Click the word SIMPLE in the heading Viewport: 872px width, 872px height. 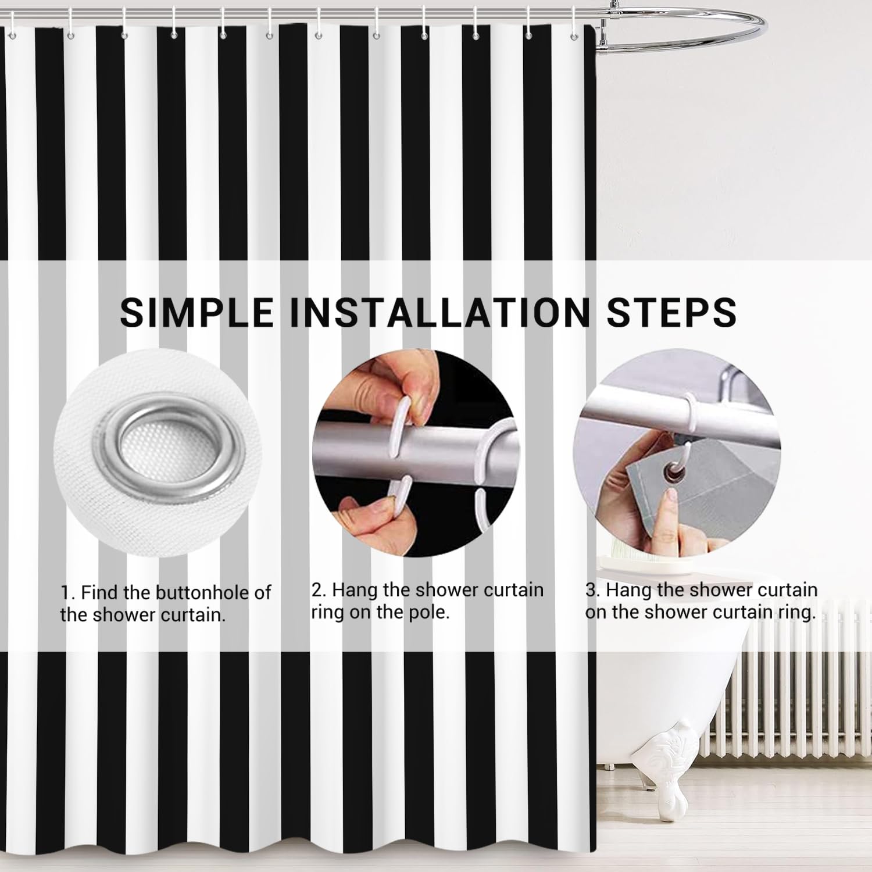point(196,312)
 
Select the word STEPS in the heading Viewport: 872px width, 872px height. point(672,312)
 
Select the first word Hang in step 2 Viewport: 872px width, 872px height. point(355,591)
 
